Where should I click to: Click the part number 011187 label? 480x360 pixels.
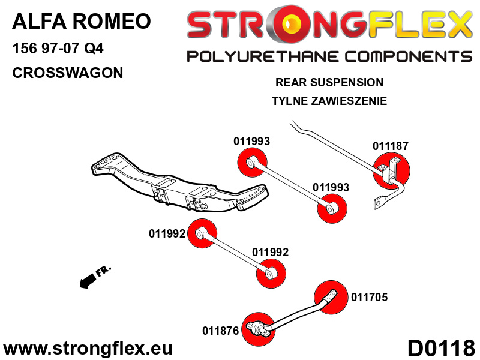(x=390, y=146)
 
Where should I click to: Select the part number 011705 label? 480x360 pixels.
(x=370, y=296)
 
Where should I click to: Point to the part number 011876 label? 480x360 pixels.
(x=221, y=330)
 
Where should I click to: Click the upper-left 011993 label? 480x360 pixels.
(x=251, y=142)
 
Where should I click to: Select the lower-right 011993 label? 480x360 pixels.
(x=331, y=187)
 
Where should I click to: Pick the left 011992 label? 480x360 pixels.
(x=167, y=234)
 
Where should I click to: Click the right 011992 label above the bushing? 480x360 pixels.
(x=270, y=253)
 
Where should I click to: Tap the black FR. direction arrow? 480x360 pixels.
(x=89, y=279)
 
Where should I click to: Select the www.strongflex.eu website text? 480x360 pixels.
(x=88, y=348)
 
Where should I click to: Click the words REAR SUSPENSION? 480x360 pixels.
(x=329, y=82)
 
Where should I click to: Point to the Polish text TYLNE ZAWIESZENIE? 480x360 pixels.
(x=329, y=101)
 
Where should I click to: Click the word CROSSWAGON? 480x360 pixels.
(x=67, y=73)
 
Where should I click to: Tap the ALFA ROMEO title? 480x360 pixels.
(x=81, y=22)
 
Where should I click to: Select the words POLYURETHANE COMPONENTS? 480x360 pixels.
(x=329, y=57)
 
